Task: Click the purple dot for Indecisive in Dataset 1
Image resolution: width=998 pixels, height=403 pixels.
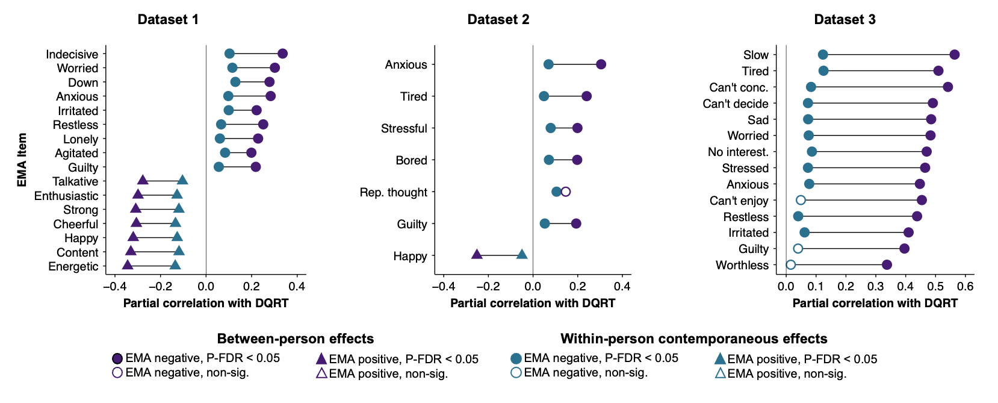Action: pyautogui.click(x=282, y=54)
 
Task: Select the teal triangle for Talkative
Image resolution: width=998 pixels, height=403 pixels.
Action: pyautogui.click(x=182, y=180)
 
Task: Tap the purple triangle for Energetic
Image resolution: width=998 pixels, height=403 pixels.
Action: pyautogui.click(x=128, y=265)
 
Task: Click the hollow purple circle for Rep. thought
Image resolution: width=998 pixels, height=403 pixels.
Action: pyautogui.click(x=565, y=192)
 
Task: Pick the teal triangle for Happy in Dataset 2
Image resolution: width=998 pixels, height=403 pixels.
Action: pyautogui.click(x=522, y=255)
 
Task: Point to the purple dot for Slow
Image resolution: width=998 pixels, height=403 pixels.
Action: pyautogui.click(x=954, y=55)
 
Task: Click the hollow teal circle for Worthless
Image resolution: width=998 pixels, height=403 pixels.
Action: pyautogui.click(x=791, y=265)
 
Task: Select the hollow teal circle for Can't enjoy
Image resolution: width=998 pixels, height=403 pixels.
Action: pyautogui.click(x=801, y=200)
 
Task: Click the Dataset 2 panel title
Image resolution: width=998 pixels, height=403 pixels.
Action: pyautogui.click(x=498, y=19)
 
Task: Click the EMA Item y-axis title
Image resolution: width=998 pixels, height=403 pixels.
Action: pyautogui.click(x=22, y=160)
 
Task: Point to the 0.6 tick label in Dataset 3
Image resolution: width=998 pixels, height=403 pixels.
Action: pyautogui.click(x=965, y=286)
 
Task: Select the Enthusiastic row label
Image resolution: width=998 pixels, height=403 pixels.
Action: pyautogui.click(x=66, y=196)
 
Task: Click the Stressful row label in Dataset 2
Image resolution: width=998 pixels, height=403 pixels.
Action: pyautogui.click(x=404, y=128)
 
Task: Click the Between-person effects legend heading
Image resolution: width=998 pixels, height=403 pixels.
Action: pyautogui.click(x=296, y=339)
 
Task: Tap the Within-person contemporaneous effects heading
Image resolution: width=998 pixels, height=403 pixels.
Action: pyautogui.click(x=694, y=339)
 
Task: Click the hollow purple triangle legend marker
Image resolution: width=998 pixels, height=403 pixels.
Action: pyautogui.click(x=321, y=373)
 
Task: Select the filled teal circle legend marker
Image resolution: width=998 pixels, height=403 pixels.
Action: pyautogui.click(x=516, y=358)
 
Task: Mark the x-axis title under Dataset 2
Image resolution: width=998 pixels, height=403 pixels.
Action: pyautogui.click(x=533, y=303)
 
